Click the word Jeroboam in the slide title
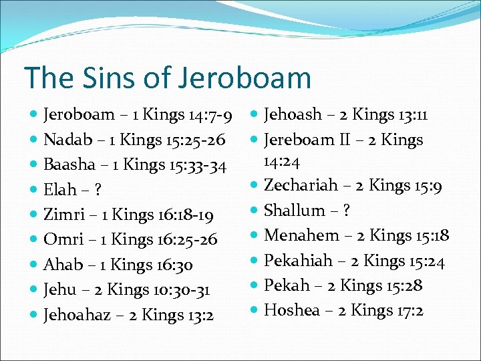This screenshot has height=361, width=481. [245, 78]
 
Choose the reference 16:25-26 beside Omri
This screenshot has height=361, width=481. [188, 240]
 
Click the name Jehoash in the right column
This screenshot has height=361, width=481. [293, 115]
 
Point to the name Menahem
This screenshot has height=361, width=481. [301, 235]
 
